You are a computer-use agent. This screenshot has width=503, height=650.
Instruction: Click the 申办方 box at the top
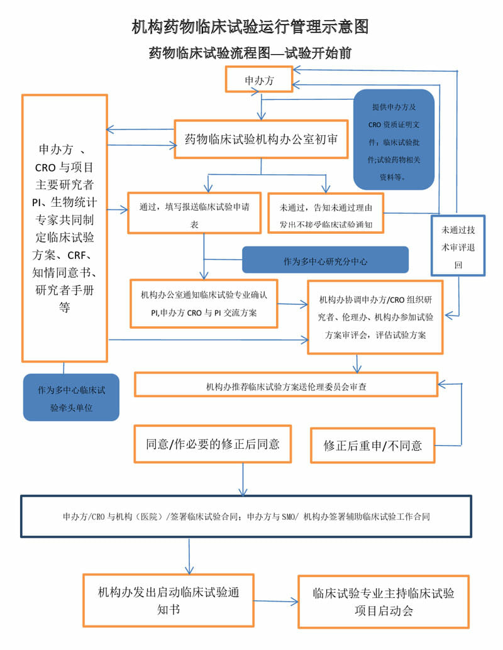point(258,80)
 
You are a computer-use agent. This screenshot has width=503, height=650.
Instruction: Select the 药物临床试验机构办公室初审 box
point(261,139)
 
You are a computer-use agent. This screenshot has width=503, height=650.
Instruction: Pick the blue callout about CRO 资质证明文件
point(394,140)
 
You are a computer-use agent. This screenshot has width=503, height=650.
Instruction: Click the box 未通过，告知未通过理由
point(326,212)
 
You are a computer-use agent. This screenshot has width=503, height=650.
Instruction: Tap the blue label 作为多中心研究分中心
point(325,260)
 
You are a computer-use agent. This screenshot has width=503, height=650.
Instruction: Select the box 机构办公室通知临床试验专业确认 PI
point(204,304)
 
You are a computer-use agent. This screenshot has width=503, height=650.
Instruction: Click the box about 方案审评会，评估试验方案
point(375,317)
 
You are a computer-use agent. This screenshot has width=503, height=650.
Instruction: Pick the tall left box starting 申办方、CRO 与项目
point(64,228)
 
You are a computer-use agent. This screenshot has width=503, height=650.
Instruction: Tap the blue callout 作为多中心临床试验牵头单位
point(71,398)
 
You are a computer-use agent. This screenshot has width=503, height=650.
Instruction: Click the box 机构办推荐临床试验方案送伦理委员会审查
point(286,385)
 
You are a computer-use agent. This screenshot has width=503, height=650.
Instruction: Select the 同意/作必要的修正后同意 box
point(213,444)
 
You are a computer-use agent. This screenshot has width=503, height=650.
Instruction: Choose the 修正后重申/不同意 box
point(373,445)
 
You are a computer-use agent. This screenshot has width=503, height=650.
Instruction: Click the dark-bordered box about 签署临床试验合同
point(246,516)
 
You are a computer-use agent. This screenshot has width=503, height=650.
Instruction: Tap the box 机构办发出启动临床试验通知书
point(168,600)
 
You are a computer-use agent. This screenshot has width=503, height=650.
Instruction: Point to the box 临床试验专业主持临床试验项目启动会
point(383,602)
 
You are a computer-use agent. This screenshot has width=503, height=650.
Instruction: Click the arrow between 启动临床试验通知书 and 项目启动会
point(276,602)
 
